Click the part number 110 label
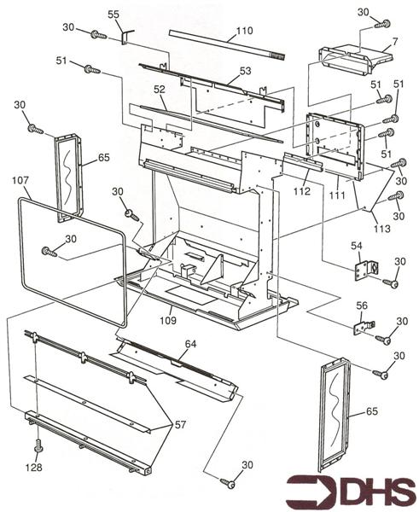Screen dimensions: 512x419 [244, 30]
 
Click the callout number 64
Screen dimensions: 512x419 [190, 343]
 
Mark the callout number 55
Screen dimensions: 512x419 [113, 15]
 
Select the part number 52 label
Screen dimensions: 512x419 [159, 89]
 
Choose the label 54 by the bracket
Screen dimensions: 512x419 [357, 246]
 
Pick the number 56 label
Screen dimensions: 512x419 [362, 305]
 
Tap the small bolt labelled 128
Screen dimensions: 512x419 [38, 447]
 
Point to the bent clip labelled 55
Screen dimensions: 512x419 [125, 35]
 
